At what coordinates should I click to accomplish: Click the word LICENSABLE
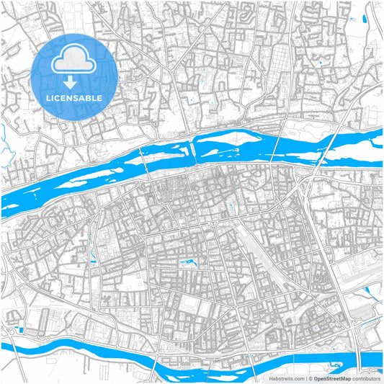pyautogui.click(x=74, y=97)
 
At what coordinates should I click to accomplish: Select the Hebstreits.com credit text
pyautogui.click(x=285, y=378)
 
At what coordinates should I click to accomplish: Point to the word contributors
pyautogui.click(x=365, y=378)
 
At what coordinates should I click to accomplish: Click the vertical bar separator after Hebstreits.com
pyautogui.click(x=305, y=378)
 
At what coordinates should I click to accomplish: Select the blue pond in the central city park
pyautogui.click(x=190, y=262)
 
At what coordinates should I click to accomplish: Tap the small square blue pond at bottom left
pyautogui.click(x=20, y=330)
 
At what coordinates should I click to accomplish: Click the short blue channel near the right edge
pyautogui.click(x=370, y=291)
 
